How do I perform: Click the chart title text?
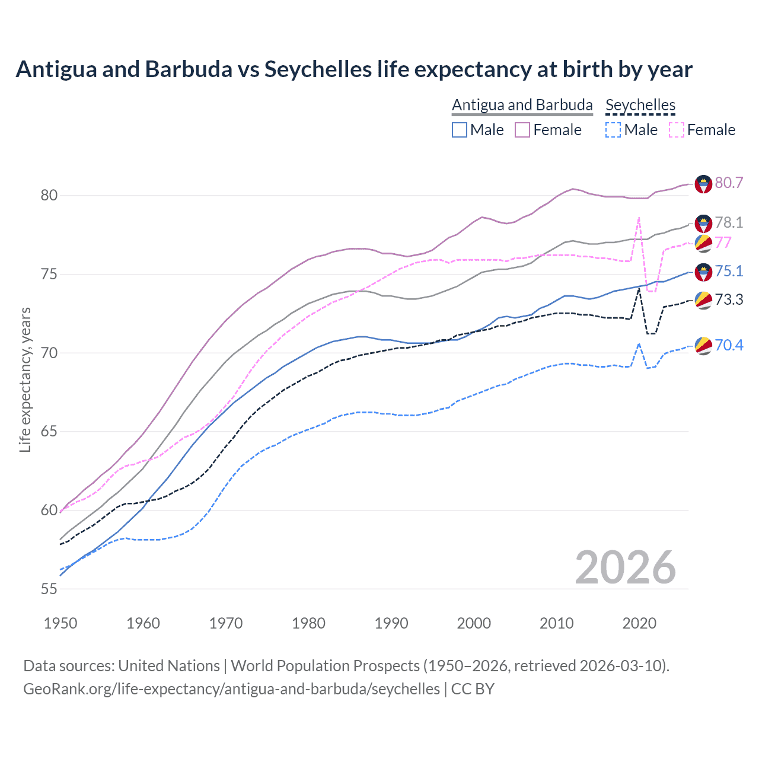click(354, 69)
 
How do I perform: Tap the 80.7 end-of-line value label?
click(729, 183)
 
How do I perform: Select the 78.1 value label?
click(729, 222)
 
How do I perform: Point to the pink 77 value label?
click(723, 243)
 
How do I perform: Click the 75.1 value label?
click(729, 271)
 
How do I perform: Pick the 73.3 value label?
click(729, 299)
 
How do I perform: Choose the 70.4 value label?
click(729, 345)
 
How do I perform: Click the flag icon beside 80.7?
click(703, 184)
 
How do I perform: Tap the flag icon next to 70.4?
click(703, 346)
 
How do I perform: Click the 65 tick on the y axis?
click(49, 431)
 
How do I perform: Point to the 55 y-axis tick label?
click(49, 589)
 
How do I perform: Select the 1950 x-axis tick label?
click(60, 623)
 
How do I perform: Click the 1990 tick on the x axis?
click(391, 623)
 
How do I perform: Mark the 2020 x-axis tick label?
click(639, 623)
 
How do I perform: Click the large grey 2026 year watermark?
click(626, 567)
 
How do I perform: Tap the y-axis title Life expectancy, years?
click(25, 379)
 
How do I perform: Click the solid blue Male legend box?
click(460, 130)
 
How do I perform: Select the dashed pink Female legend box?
click(676, 130)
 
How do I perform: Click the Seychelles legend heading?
click(640, 105)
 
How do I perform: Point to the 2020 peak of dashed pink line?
click(639, 218)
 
